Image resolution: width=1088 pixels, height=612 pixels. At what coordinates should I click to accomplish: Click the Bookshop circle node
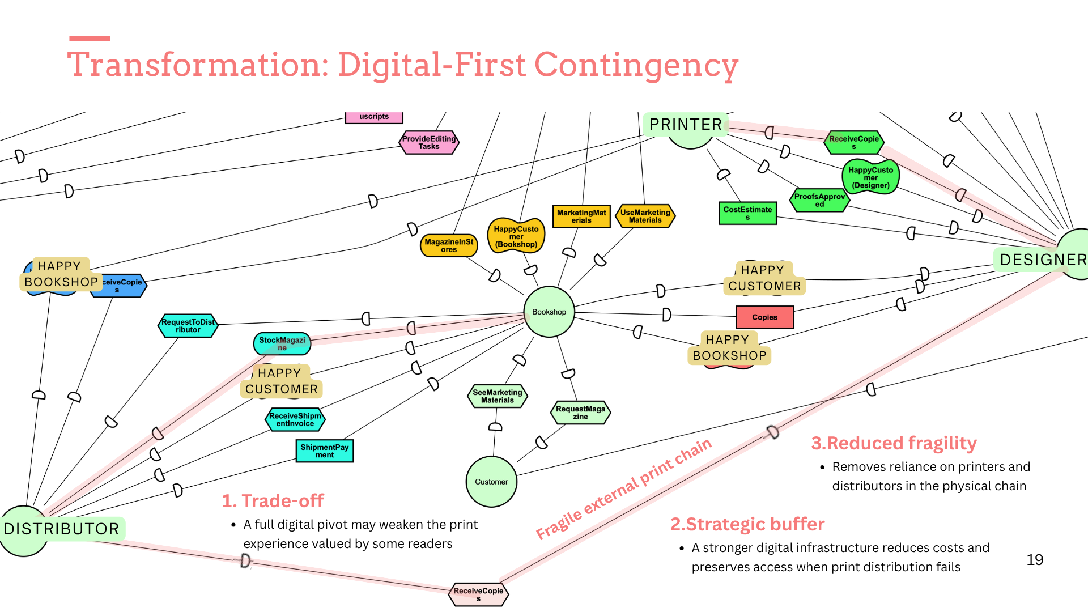(x=549, y=312)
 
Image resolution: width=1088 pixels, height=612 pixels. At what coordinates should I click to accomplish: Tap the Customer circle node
(x=491, y=482)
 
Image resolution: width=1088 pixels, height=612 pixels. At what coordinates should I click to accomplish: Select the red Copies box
(x=764, y=317)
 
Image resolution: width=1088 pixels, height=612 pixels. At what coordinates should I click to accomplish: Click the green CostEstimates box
(x=747, y=213)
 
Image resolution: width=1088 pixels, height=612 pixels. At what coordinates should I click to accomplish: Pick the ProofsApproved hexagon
(x=819, y=200)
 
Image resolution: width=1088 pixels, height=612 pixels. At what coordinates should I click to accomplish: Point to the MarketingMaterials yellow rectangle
(x=581, y=216)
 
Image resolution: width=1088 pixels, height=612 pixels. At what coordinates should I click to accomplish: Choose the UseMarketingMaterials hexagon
(x=645, y=216)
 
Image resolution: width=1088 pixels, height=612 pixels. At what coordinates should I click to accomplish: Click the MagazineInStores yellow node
(x=449, y=245)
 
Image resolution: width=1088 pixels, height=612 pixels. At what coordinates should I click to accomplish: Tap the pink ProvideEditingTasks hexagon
(x=429, y=142)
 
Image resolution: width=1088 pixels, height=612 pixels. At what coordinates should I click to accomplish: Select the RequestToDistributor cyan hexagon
(x=188, y=326)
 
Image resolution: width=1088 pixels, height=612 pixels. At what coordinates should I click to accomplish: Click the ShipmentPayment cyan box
(x=325, y=451)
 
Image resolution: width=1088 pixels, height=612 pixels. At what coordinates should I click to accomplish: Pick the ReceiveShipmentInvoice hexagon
(x=295, y=419)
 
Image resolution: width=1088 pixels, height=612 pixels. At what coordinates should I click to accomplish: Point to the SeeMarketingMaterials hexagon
(x=498, y=396)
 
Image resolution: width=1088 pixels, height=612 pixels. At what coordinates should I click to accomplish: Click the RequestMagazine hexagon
(x=580, y=413)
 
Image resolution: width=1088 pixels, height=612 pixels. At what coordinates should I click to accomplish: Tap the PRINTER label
(x=686, y=125)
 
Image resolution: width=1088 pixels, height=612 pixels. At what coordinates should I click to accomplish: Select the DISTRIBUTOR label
(x=62, y=529)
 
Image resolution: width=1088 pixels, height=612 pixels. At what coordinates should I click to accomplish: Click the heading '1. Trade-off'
(x=273, y=501)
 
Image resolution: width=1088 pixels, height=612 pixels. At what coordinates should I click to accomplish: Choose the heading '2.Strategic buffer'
(x=747, y=524)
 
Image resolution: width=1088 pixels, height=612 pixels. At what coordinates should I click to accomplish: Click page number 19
(x=1035, y=560)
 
